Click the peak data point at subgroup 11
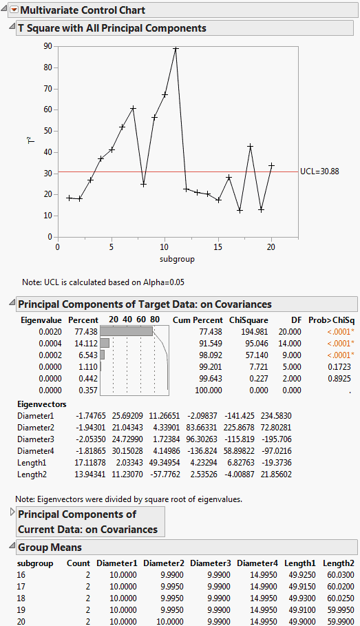click(176, 49)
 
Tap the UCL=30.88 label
click(320, 171)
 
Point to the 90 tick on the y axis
click(47, 46)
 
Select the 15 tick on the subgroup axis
click(218, 247)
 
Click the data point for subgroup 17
click(240, 210)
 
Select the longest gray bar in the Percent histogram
click(127, 331)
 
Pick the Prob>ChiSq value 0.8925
click(341, 378)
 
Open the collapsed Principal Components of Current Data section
click(12, 512)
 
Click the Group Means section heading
click(50, 547)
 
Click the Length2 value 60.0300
click(341, 574)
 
